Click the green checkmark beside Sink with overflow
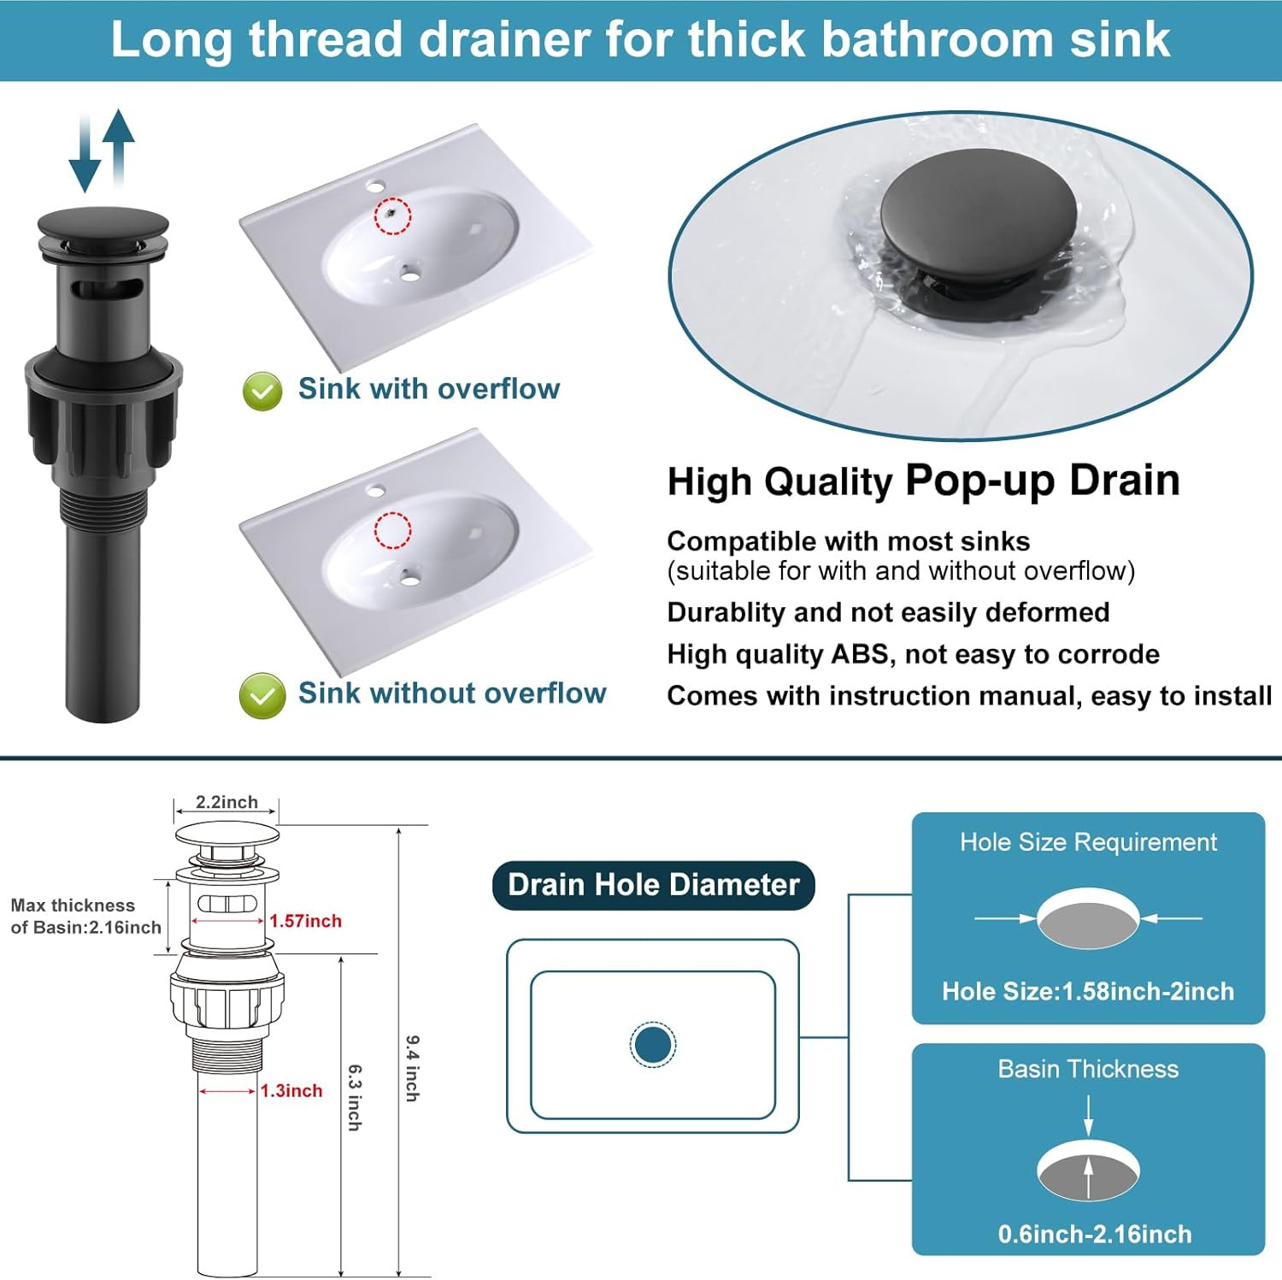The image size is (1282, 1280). coord(262,392)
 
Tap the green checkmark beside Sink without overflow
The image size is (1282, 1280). coord(262,695)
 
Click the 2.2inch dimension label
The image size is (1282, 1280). coord(226,802)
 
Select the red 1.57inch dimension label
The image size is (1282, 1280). coord(305,921)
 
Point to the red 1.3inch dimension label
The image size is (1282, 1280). coord(291,1090)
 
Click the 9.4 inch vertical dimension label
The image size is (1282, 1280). coord(412,1068)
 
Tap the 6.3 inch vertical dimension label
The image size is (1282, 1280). coord(355,1098)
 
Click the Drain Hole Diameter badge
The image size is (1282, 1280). coord(654,885)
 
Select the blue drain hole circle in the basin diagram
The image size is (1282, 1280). coord(653,1044)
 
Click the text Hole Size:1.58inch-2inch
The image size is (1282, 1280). coord(1088,991)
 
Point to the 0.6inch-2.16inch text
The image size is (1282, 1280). coord(1095,1234)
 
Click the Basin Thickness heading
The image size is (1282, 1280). coord(1088,1069)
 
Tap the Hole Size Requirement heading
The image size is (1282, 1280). coord(1088,842)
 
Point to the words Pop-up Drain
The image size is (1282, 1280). coord(1043,480)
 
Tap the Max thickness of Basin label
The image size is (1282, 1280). coord(86,917)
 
